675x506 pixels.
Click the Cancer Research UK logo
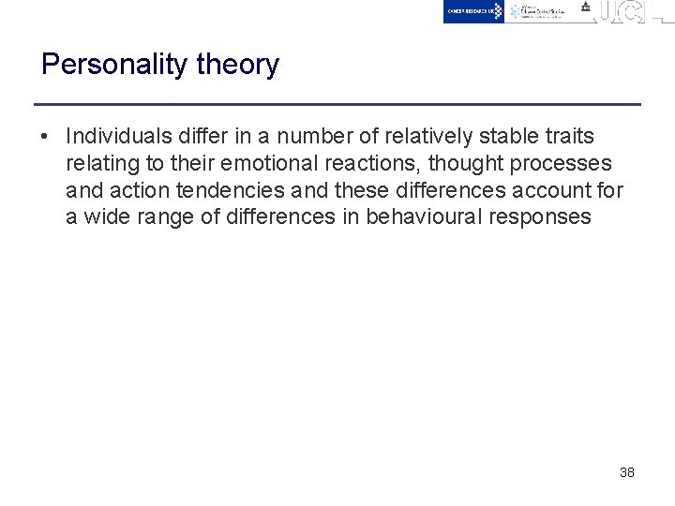[x=473, y=11]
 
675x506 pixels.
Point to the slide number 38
[x=627, y=472]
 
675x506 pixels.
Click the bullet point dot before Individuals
[x=45, y=137]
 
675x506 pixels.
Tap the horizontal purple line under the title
[x=337, y=104]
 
